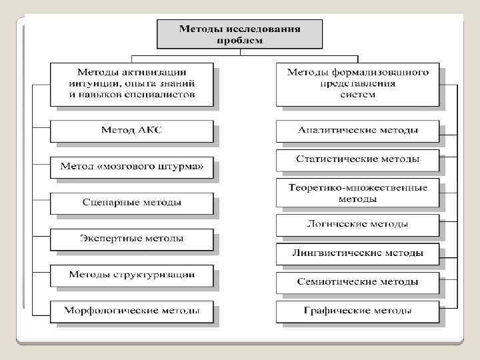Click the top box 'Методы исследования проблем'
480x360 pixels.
239,34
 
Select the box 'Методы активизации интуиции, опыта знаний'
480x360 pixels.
131,83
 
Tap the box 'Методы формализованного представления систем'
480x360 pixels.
357,83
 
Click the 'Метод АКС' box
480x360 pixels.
131,130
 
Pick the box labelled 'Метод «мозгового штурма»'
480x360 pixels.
131,165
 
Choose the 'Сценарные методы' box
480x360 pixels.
131,202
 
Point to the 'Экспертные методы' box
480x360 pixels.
131,238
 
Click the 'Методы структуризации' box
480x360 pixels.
131,274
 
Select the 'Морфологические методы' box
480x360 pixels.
131,311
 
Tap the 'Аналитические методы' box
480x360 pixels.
357,130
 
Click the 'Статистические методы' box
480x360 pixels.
357,159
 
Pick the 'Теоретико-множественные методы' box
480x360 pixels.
357,193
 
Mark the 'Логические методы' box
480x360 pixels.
357,224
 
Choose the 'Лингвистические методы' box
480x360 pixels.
357,253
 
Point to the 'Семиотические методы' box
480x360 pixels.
357,282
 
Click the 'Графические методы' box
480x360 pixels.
357,311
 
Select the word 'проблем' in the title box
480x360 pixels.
239,40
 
